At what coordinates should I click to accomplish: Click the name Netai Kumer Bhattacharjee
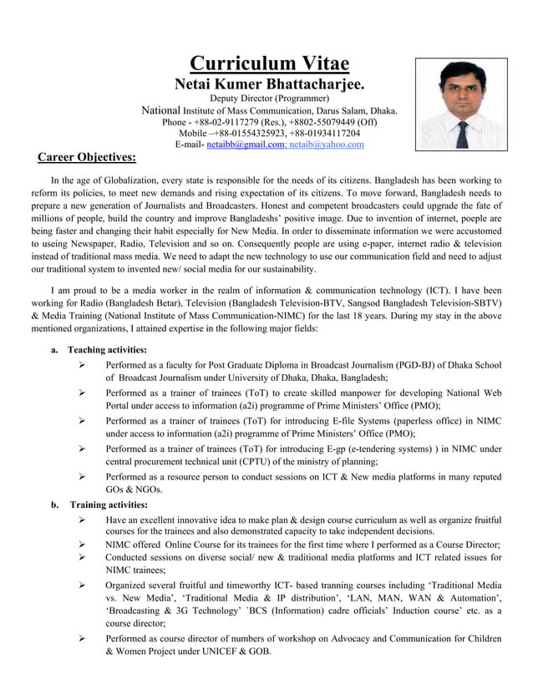268,84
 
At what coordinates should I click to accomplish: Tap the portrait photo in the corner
461,104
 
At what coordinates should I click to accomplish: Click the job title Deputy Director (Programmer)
269,99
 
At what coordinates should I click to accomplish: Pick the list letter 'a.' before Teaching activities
54,349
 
